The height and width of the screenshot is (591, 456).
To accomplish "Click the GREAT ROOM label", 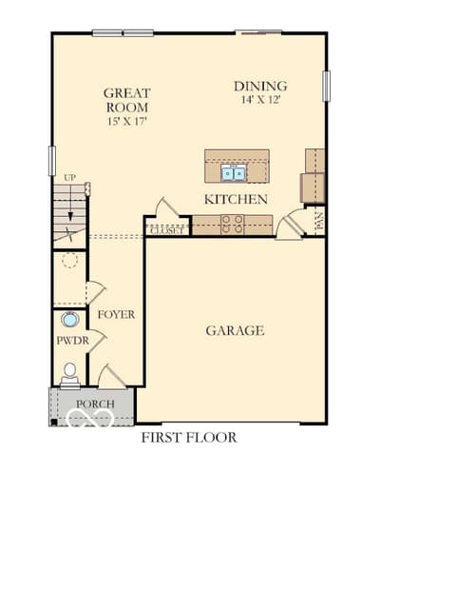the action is [x=127, y=100].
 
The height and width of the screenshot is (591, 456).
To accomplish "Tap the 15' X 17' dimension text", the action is [x=127, y=122].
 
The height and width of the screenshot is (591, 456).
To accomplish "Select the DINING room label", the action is [x=260, y=86].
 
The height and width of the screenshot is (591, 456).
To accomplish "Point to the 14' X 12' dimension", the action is [x=261, y=100].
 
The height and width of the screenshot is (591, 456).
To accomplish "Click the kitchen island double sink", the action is [x=234, y=173].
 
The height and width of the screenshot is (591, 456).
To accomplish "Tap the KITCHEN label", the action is [x=236, y=200].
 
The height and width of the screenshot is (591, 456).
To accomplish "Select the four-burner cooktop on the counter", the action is [x=232, y=224].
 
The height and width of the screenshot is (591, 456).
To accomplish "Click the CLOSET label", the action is [x=167, y=230].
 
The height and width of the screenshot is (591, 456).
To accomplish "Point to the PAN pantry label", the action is [x=320, y=221].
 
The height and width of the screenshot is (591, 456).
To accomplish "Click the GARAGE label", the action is [x=235, y=330].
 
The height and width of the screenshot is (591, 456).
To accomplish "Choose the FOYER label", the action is [x=116, y=314].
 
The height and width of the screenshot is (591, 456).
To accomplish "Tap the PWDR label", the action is [x=72, y=341].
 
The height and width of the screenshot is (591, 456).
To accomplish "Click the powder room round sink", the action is [x=69, y=320].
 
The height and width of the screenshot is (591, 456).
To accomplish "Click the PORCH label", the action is [x=95, y=404].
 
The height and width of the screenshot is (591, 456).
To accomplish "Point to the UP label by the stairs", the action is [x=69, y=178].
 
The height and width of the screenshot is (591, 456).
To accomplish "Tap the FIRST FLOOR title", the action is [x=189, y=437].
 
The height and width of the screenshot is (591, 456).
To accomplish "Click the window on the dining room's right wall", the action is [x=327, y=86].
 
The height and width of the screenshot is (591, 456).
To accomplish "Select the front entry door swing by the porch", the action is [x=112, y=376].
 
